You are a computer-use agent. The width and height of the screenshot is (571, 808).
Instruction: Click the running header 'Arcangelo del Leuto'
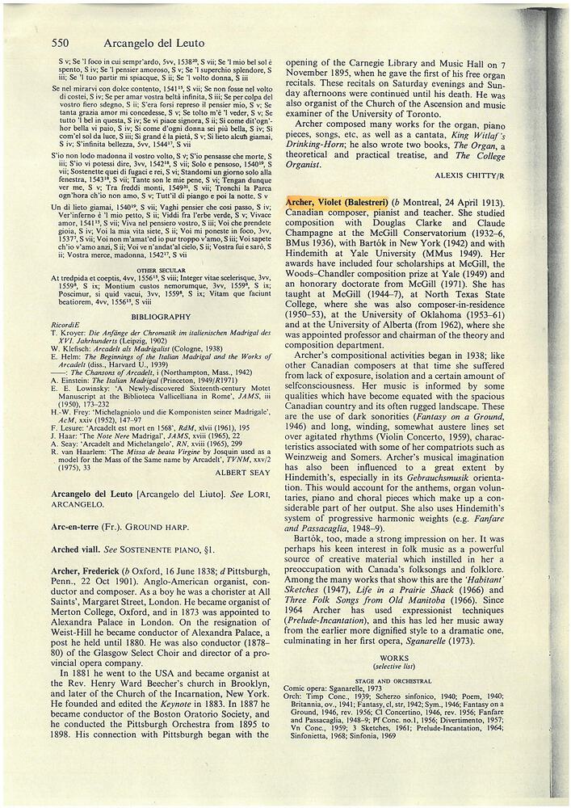(137, 42)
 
